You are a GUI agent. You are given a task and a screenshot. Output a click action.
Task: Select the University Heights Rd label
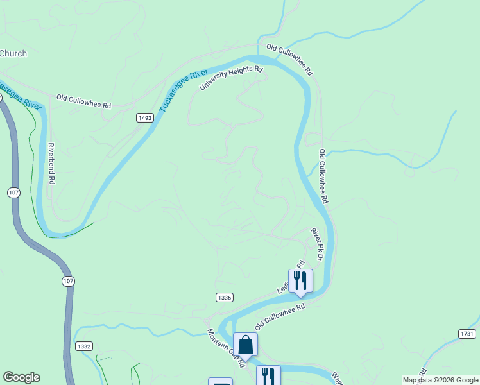coord(231,78)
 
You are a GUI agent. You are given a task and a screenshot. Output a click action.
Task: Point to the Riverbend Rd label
coord(52,164)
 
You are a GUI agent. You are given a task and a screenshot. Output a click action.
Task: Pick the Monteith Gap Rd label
coord(226,349)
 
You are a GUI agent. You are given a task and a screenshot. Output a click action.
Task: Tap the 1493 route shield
coord(144,118)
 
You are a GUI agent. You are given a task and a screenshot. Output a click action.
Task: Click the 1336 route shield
coord(224,298)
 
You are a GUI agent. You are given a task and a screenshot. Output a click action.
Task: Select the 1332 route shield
coord(83,346)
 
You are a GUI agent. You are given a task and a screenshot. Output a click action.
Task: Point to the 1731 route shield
coord(467,334)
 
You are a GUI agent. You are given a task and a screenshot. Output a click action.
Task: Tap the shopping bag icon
coord(245,345)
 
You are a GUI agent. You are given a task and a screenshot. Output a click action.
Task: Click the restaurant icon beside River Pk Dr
coord(300,280)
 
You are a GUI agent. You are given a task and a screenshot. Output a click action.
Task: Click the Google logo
coord(21,377)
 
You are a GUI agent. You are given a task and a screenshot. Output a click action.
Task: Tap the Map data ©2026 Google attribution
coord(440,380)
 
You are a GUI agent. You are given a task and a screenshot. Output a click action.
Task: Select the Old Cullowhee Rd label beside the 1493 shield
coord(83,101)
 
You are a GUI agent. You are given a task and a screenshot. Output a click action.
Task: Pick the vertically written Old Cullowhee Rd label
coord(323,176)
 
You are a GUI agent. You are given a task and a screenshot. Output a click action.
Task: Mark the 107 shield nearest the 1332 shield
coord(69,281)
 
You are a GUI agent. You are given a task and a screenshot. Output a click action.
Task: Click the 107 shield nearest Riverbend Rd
coord(13,193)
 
